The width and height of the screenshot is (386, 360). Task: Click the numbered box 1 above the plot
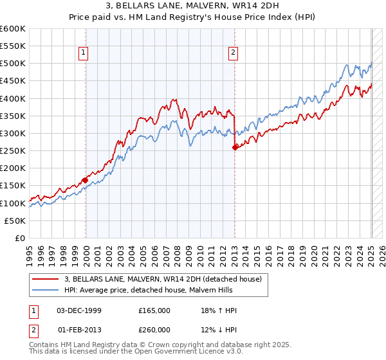coord(84,53)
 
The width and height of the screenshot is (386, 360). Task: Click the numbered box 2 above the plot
coord(232,53)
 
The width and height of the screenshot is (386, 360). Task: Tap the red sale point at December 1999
coord(86,180)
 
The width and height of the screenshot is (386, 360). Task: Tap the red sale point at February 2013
coord(234,147)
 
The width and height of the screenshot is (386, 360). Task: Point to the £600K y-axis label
coord(13,29)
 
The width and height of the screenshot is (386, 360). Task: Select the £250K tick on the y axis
coord(13,151)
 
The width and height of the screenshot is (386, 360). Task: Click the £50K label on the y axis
coord(15,221)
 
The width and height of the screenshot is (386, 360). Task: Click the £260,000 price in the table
coord(154,330)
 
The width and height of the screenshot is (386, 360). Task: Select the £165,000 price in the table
coord(154,310)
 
